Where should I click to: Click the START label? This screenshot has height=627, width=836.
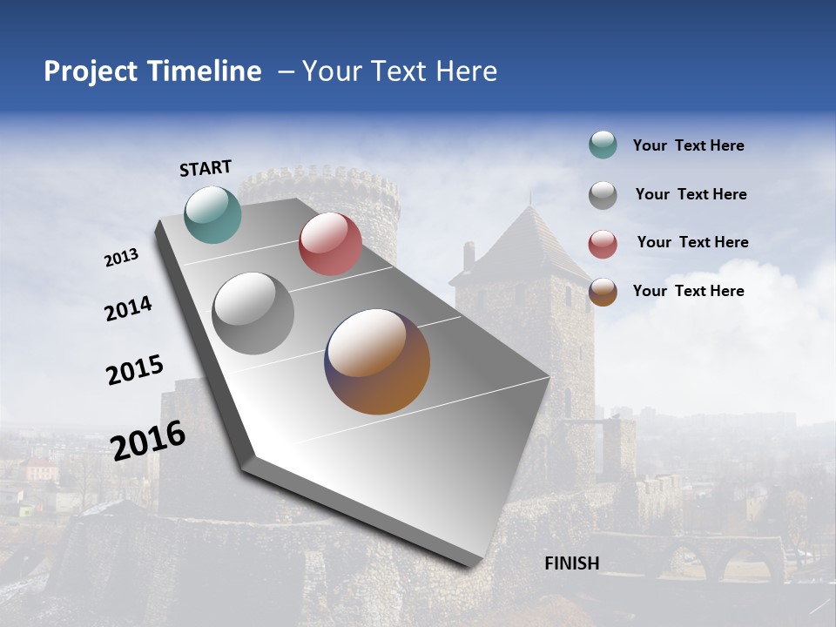pyautogui.click(x=206, y=168)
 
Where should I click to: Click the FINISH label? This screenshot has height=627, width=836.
pyautogui.click(x=571, y=563)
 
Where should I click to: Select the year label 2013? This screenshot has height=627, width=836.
pyautogui.click(x=121, y=258)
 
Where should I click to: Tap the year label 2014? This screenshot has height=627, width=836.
pyautogui.click(x=128, y=308)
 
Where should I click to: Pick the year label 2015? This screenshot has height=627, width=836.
pyautogui.click(x=135, y=370)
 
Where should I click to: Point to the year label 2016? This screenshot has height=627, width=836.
pyautogui.click(x=148, y=440)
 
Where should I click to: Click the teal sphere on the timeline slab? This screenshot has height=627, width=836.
pyautogui.click(x=212, y=214)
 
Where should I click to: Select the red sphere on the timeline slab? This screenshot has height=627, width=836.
pyautogui.click(x=330, y=244)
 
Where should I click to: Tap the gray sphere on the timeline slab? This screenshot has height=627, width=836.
pyautogui.click(x=253, y=313)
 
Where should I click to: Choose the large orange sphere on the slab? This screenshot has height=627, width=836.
pyautogui.click(x=377, y=361)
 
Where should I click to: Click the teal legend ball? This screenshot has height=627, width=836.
pyautogui.click(x=603, y=145)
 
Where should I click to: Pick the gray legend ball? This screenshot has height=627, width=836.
pyautogui.click(x=603, y=195)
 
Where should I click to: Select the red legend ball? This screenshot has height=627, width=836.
pyautogui.click(x=603, y=244)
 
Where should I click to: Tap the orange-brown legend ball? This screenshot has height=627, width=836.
pyautogui.click(x=603, y=292)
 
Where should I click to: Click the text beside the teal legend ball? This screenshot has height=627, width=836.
pyautogui.click(x=688, y=146)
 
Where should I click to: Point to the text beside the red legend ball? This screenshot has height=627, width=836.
pyautogui.click(x=692, y=242)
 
